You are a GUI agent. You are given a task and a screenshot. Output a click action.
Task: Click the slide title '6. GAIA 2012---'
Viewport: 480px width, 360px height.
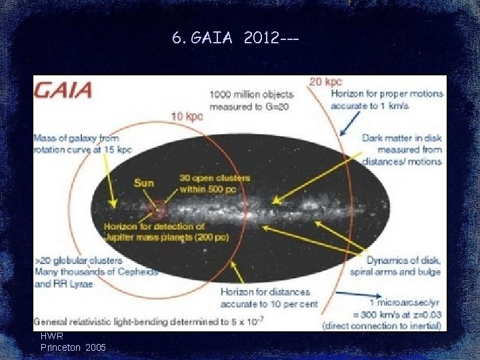point(235,38)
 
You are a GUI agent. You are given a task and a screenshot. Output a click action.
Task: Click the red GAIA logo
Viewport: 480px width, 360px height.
point(64,90)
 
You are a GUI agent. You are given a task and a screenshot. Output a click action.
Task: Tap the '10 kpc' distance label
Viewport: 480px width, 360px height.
point(187,116)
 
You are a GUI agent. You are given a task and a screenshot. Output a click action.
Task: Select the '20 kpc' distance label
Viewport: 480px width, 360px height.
point(324,81)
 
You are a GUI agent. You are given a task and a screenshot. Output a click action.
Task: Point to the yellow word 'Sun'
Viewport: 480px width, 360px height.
point(144,183)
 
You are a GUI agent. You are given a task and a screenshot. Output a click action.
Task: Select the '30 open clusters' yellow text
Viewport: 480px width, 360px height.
point(215,178)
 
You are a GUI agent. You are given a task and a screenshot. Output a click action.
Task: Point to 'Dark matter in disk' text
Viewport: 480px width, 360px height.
point(401,138)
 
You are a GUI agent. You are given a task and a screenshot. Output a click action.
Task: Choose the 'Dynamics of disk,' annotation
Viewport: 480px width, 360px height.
point(403,261)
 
